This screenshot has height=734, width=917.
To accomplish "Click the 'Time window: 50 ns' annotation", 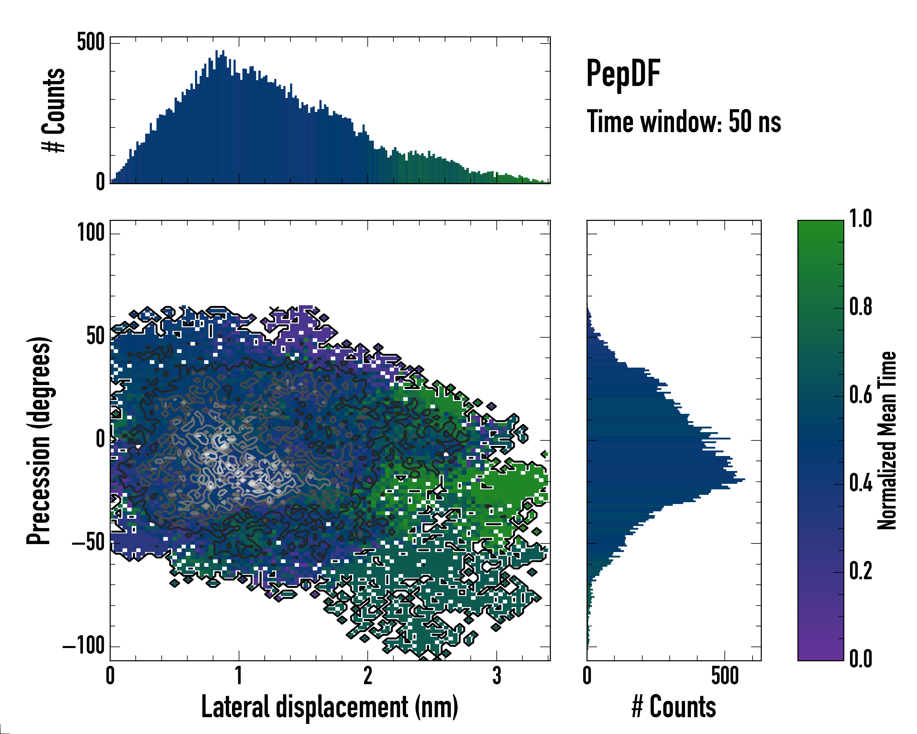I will click(x=683, y=122).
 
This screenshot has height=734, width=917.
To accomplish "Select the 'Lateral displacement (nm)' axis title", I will click(x=330, y=707).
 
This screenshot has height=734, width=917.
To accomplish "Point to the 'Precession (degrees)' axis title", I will click(x=39, y=440).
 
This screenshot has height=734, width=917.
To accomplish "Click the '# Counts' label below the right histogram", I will click(x=674, y=707).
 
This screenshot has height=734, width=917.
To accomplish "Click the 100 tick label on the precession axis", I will click(x=90, y=233).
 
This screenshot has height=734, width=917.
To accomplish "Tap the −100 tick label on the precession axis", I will click(x=83, y=646).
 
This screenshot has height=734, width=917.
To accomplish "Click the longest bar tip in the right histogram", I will click(x=744, y=480).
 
